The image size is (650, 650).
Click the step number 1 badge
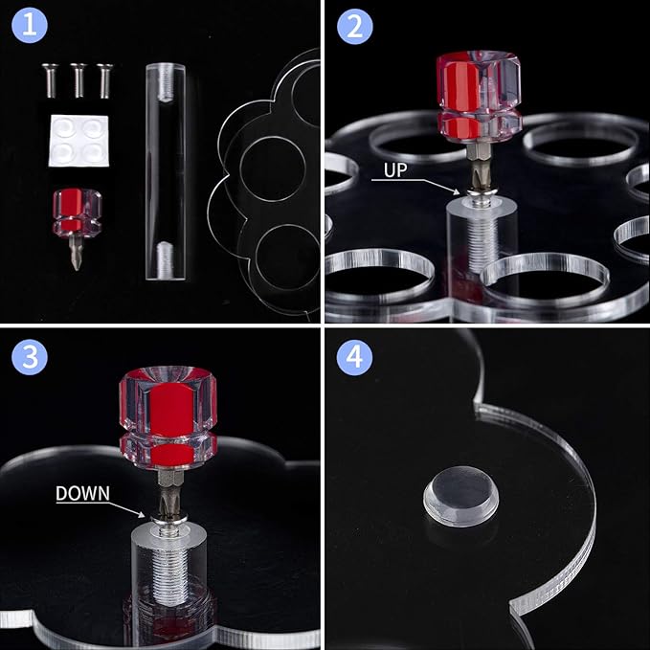click(30, 26)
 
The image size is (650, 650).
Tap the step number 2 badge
click(355, 26)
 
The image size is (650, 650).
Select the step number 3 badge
click(30, 357)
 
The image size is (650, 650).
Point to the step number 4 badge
click(354, 357)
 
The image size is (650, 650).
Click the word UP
click(395, 170)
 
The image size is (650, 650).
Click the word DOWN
click(83, 493)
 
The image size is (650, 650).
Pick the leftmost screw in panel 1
click(50, 80)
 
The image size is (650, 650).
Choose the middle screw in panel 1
click(78, 80)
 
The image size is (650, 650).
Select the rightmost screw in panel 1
click(104, 80)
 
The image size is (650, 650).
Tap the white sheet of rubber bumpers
click(78, 141)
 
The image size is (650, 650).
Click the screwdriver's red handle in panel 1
click(78, 213)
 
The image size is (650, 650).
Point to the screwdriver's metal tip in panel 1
click(76, 254)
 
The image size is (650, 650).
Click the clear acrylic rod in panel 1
click(166, 171)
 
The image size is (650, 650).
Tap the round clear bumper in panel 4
click(461, 496)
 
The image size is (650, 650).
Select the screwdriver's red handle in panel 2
click(480, 97)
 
